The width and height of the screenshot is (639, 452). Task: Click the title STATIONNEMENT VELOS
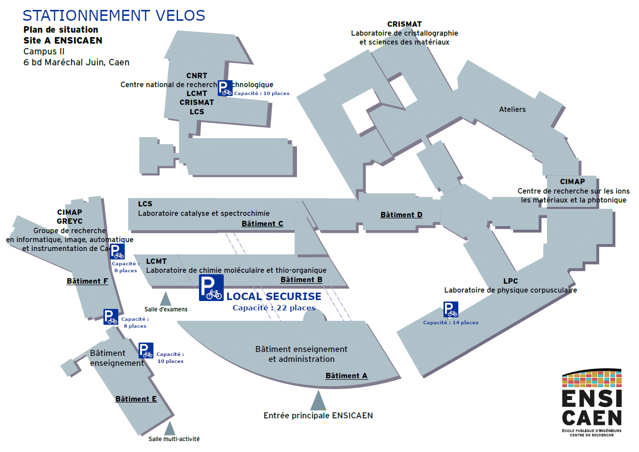(x=114, y=15)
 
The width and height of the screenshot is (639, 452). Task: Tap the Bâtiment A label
(x=346, y=376)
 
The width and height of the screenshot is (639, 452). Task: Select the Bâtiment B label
(x=301, y=280)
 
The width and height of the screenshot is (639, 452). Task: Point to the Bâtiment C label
(x=262, y=224)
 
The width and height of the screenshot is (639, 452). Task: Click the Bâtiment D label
(x=401, y=215)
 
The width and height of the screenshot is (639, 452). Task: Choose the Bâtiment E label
(x=136, y=399)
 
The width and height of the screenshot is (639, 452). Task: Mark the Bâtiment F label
(x=88, y=281)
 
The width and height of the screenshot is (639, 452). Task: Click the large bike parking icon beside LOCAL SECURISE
(x=211, y=288)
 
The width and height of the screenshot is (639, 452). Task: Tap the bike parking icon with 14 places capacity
(x=450, y=309)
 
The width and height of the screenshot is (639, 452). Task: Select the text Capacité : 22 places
(x=274, y=308)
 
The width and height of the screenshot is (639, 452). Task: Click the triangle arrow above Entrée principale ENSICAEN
(x=318, y=401)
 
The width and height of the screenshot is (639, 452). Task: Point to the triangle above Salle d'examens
(x=165, y=299)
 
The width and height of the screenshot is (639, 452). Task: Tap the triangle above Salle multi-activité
(x=170, y=428)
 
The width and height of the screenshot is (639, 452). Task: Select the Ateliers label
(x=512, y=109)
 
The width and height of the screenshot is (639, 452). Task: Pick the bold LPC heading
(x=511, y=281)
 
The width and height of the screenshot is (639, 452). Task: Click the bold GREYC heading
(x=70, y=221)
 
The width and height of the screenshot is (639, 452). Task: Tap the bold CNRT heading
(x=197, y=76)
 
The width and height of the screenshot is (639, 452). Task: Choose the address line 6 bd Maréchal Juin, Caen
(x=76, y=62)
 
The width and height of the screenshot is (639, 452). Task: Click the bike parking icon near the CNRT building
(x=225, y=88)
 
